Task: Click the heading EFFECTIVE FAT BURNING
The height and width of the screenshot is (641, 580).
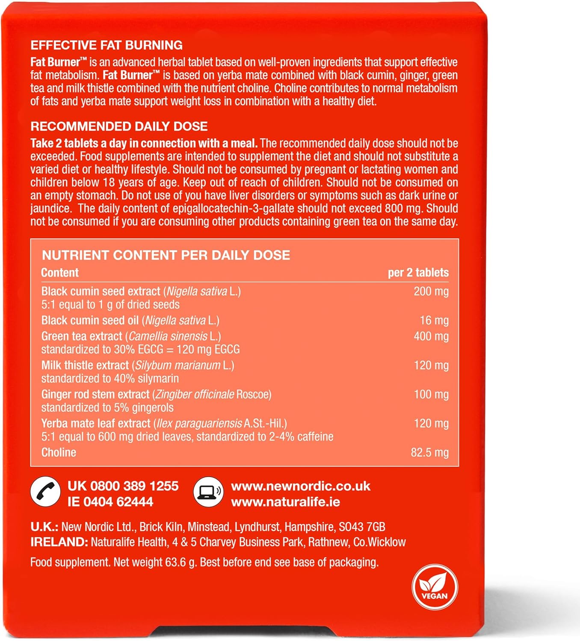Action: pos(107,45)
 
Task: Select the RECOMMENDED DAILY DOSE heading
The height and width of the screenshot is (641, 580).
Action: pos(119,126)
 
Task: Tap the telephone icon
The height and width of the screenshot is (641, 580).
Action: pos(45,491)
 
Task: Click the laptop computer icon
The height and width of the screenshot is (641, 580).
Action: pos(208,491)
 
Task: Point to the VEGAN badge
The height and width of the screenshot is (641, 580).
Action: pos(435,588)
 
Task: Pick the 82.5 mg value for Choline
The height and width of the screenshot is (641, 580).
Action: pos(429,453)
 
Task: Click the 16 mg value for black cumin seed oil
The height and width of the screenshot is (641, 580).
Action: pos(434,320)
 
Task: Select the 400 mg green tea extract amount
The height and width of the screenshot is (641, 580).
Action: pos(431,336)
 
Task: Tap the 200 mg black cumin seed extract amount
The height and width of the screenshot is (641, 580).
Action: pos(431,291)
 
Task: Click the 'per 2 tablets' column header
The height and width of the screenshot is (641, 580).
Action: pos(418,273)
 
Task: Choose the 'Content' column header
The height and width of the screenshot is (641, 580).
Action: pos(60,273)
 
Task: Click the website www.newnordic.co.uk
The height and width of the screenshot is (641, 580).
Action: pos(300,486)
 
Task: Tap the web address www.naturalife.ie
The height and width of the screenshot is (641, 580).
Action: pos(285,502)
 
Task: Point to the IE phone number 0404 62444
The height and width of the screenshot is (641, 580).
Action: pos(118,502)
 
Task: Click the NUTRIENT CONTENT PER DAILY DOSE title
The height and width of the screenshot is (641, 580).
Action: pos(166,256)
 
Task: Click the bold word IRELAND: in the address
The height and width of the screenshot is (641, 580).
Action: pos(59,542)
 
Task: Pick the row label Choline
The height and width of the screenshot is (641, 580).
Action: pos(59,453)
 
